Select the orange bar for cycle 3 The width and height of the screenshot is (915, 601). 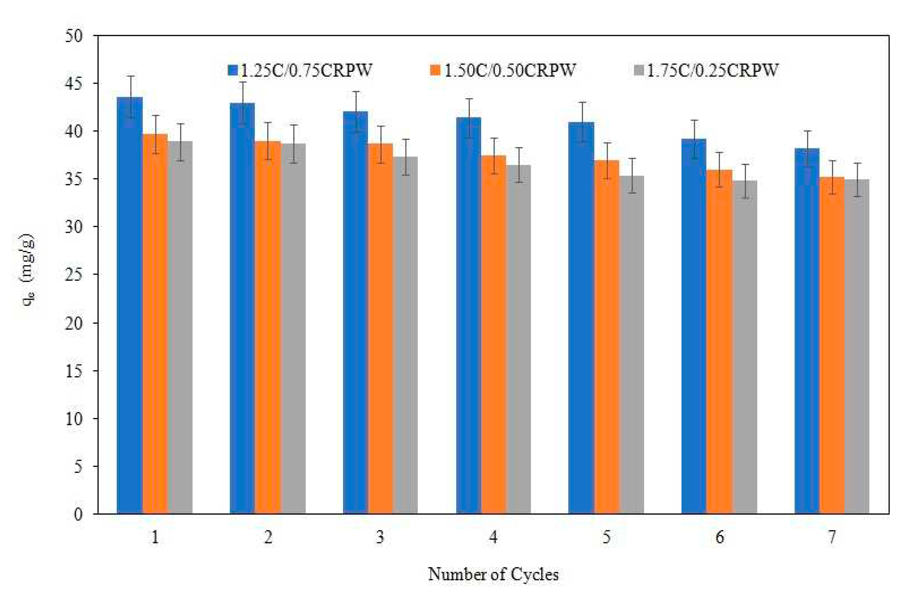point(381,331)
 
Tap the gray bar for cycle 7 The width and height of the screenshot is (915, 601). point(856,346)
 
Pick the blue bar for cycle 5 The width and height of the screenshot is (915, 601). point(581,319)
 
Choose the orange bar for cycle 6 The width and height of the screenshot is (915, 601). point(719,342)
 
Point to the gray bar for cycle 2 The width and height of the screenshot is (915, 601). point(293,331)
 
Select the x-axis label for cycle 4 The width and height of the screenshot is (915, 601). point(493,537)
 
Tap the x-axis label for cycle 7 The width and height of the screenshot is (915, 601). point(831,537)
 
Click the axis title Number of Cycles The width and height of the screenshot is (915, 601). point(493,574)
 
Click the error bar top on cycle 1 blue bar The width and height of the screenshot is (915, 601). point(131,76)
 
